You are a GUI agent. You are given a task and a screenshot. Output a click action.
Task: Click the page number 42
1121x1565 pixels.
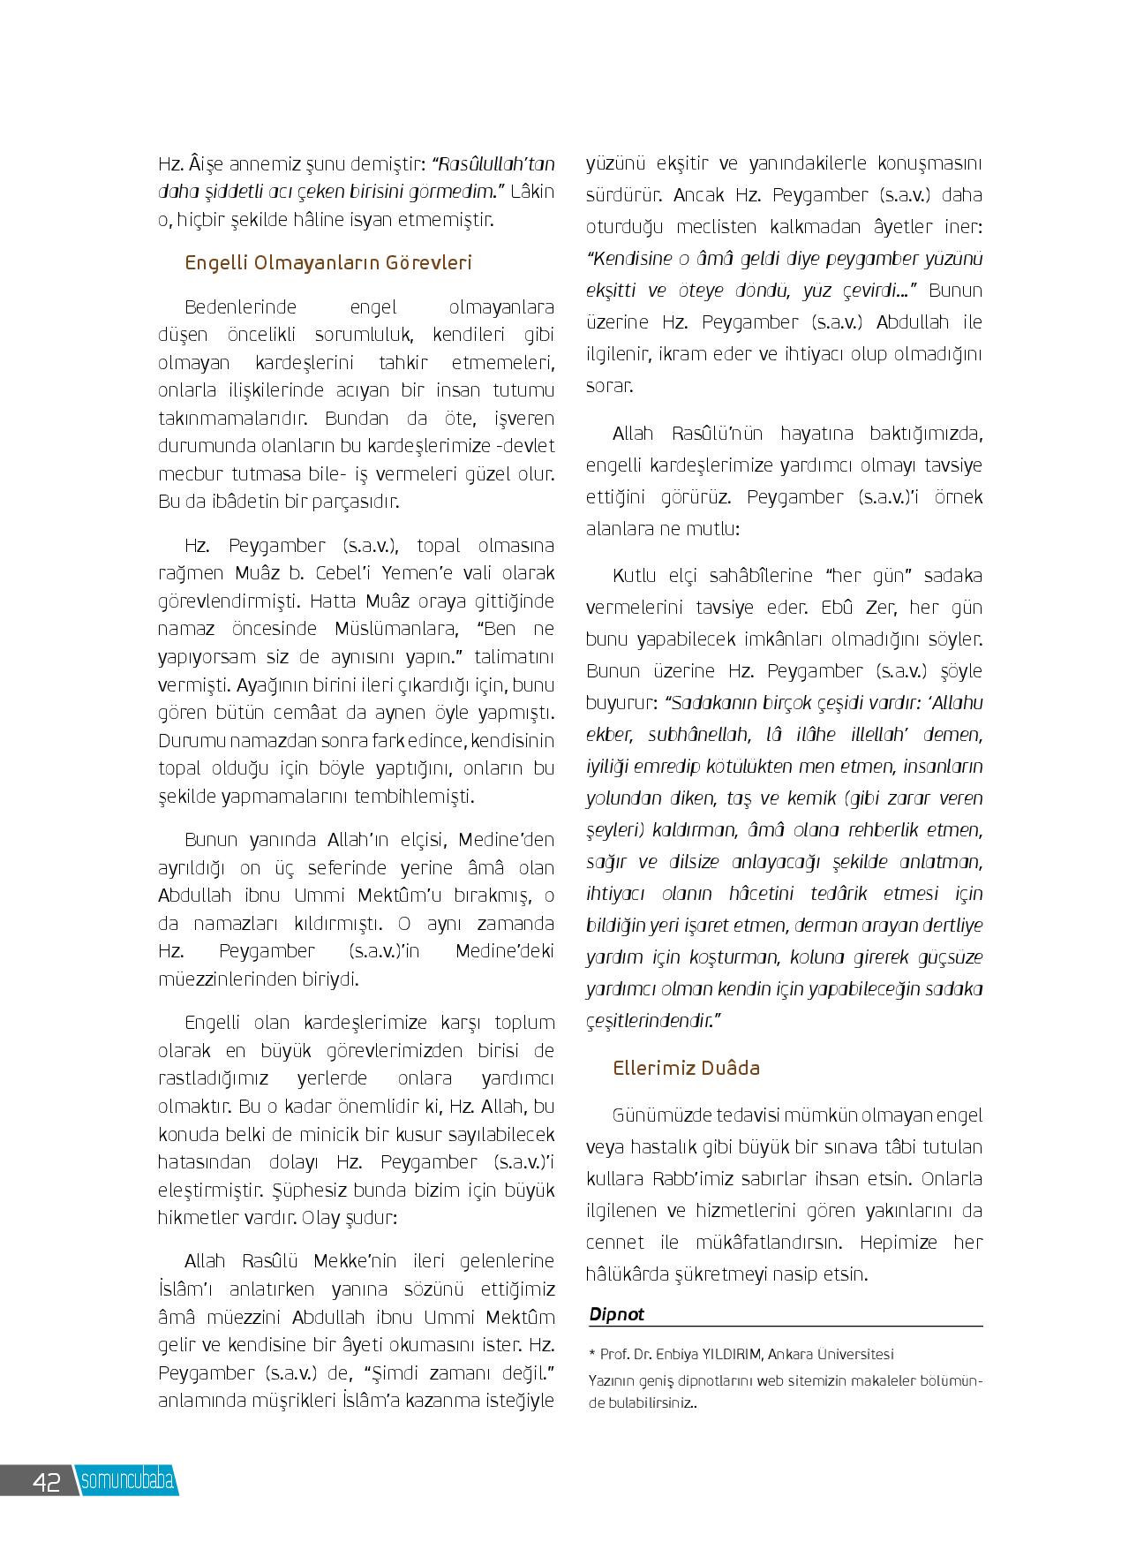(45, 1482)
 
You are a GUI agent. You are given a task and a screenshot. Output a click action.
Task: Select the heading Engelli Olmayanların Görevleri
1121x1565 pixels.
(328, 262)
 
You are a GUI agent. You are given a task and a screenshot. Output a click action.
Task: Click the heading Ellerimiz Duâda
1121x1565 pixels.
(686, 1068)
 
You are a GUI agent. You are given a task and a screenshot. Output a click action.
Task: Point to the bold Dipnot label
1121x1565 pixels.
(617, 1313)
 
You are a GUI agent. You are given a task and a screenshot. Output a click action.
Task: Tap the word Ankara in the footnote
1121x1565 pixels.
(794, 1354)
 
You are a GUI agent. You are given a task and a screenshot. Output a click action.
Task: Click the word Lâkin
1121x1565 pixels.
(532, 191)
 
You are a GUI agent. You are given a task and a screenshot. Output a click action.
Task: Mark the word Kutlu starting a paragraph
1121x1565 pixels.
(635, 576)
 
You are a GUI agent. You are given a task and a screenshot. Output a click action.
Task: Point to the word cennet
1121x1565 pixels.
(615, 1242)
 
